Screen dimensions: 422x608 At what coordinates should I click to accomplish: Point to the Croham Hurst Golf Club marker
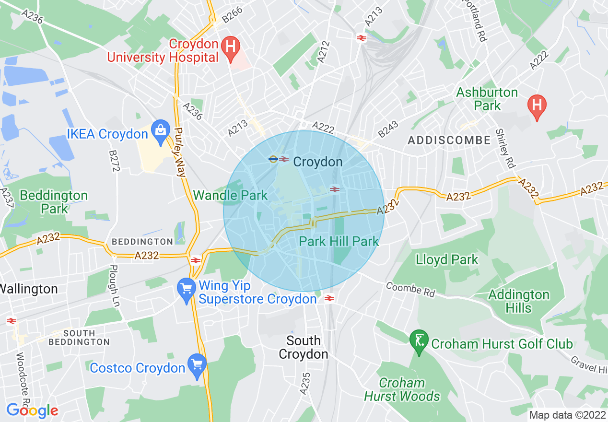[x=419, y=342]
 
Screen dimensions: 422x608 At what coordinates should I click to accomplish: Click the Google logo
[x=32, y=410]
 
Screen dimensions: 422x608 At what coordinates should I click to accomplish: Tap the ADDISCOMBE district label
[x=449, y=141]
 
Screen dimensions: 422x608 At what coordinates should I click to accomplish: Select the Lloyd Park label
[x=447, y=260]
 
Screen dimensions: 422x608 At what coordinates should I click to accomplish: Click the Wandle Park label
[x=230, y=195]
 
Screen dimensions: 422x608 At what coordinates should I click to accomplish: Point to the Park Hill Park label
[x=339, y=241]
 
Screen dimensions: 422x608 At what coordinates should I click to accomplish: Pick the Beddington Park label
[x=54, y=202]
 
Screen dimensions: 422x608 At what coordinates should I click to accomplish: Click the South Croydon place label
[x=304, y=348]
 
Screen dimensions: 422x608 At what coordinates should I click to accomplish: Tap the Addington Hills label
[x=518, y=301]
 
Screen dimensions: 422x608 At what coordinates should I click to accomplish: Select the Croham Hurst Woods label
[x=402, y=389]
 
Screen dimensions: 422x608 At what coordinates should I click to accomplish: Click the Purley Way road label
[x=180, y=152]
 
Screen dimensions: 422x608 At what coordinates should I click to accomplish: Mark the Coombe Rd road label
[x=410, y=289]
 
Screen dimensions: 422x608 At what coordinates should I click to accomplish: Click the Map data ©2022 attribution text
[x=567, y=415]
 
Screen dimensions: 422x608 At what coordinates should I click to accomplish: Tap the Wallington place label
[x=29, y=289]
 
